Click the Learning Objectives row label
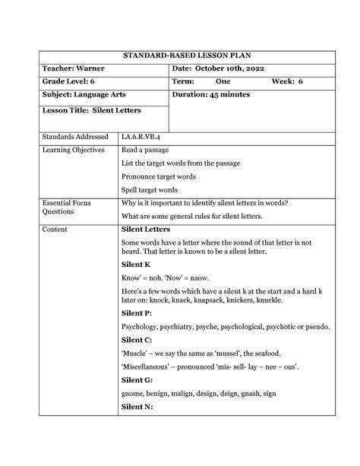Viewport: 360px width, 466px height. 74,150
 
